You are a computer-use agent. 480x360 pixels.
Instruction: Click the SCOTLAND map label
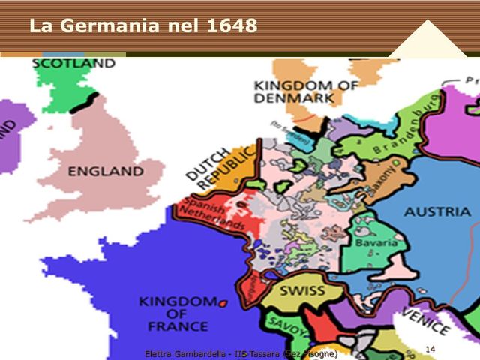[x=73, y=64]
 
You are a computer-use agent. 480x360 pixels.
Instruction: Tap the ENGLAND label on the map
[x=105, y=172]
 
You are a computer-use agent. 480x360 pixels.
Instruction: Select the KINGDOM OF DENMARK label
[x=305, y=91]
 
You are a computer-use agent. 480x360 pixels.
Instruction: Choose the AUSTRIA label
[x=437, y=212]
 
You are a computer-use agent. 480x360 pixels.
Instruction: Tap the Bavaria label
[x=376, y=244]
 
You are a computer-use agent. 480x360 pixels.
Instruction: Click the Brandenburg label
[x=406, y=136]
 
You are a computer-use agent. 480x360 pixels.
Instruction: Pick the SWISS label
[x=302, y=291]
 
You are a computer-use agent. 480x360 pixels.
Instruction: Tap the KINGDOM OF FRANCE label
[x=173, y=314]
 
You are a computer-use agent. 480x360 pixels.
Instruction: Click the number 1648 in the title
[x=229, y=26]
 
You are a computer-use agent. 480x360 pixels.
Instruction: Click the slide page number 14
[x=430, y=349]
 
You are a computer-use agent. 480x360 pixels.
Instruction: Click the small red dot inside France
[x=222, y=302]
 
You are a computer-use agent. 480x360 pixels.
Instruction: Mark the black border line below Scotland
[x=84, y=102]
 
